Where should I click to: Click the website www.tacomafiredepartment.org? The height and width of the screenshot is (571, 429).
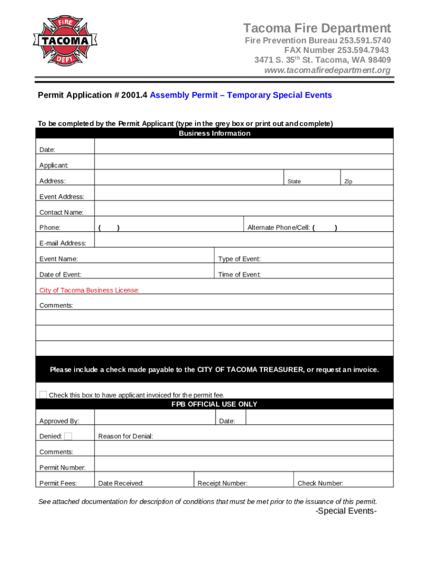[327, 70]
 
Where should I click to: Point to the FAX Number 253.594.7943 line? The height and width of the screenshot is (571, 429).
[337, 50]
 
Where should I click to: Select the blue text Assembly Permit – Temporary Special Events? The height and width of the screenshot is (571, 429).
[241, 95]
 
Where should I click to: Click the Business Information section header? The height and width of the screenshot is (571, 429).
[214, 134]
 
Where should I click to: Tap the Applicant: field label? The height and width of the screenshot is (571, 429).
[53, 166]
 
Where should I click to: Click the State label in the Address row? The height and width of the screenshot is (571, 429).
[294, 182]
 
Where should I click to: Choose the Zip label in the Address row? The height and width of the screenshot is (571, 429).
[348, 182]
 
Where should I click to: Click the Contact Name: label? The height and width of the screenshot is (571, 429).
[61, 212]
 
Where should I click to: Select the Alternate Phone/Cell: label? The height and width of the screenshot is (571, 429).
[279, 228]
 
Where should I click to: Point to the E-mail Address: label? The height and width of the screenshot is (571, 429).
[62, 243]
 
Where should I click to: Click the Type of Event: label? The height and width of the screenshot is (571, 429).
[239, 259]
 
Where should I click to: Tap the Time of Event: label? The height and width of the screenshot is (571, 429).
[239, 274]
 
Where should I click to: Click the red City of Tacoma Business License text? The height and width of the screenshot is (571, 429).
[89, 291]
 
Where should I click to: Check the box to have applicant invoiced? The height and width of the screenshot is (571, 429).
[43, 394]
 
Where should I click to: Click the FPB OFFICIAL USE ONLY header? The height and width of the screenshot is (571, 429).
[214, 404]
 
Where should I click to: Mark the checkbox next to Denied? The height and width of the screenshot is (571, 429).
[68, 436]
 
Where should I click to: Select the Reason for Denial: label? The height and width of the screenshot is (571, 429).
[125, 437]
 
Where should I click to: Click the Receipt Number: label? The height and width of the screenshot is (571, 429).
[222, 483]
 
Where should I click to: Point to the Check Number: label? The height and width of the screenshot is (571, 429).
[320, 483]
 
